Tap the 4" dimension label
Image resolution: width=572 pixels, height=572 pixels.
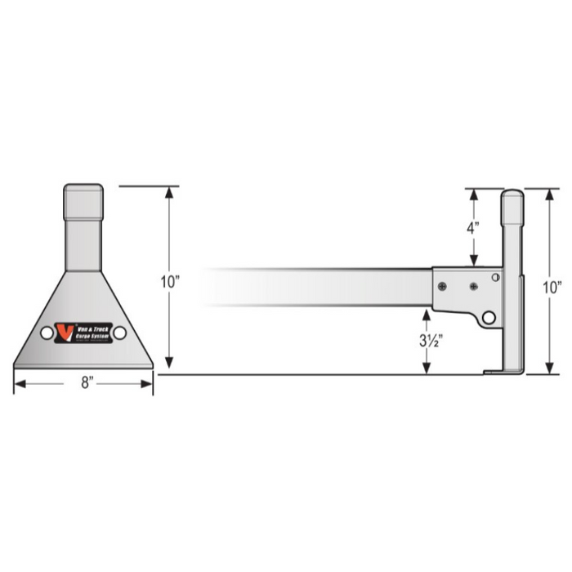tap(472, 229)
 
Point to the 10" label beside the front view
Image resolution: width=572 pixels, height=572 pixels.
tap(169, 282)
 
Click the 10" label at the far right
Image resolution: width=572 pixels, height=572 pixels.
tap(553, 287)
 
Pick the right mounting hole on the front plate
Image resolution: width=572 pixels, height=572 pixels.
tap(120, 333)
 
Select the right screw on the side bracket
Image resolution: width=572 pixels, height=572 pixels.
tap(473, 287)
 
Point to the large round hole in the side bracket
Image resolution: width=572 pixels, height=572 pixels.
tap(489, 317)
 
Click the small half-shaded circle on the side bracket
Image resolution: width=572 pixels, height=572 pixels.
tap(495, 277)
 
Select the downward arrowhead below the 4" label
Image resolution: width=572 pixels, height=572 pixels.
tap(472, 261)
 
